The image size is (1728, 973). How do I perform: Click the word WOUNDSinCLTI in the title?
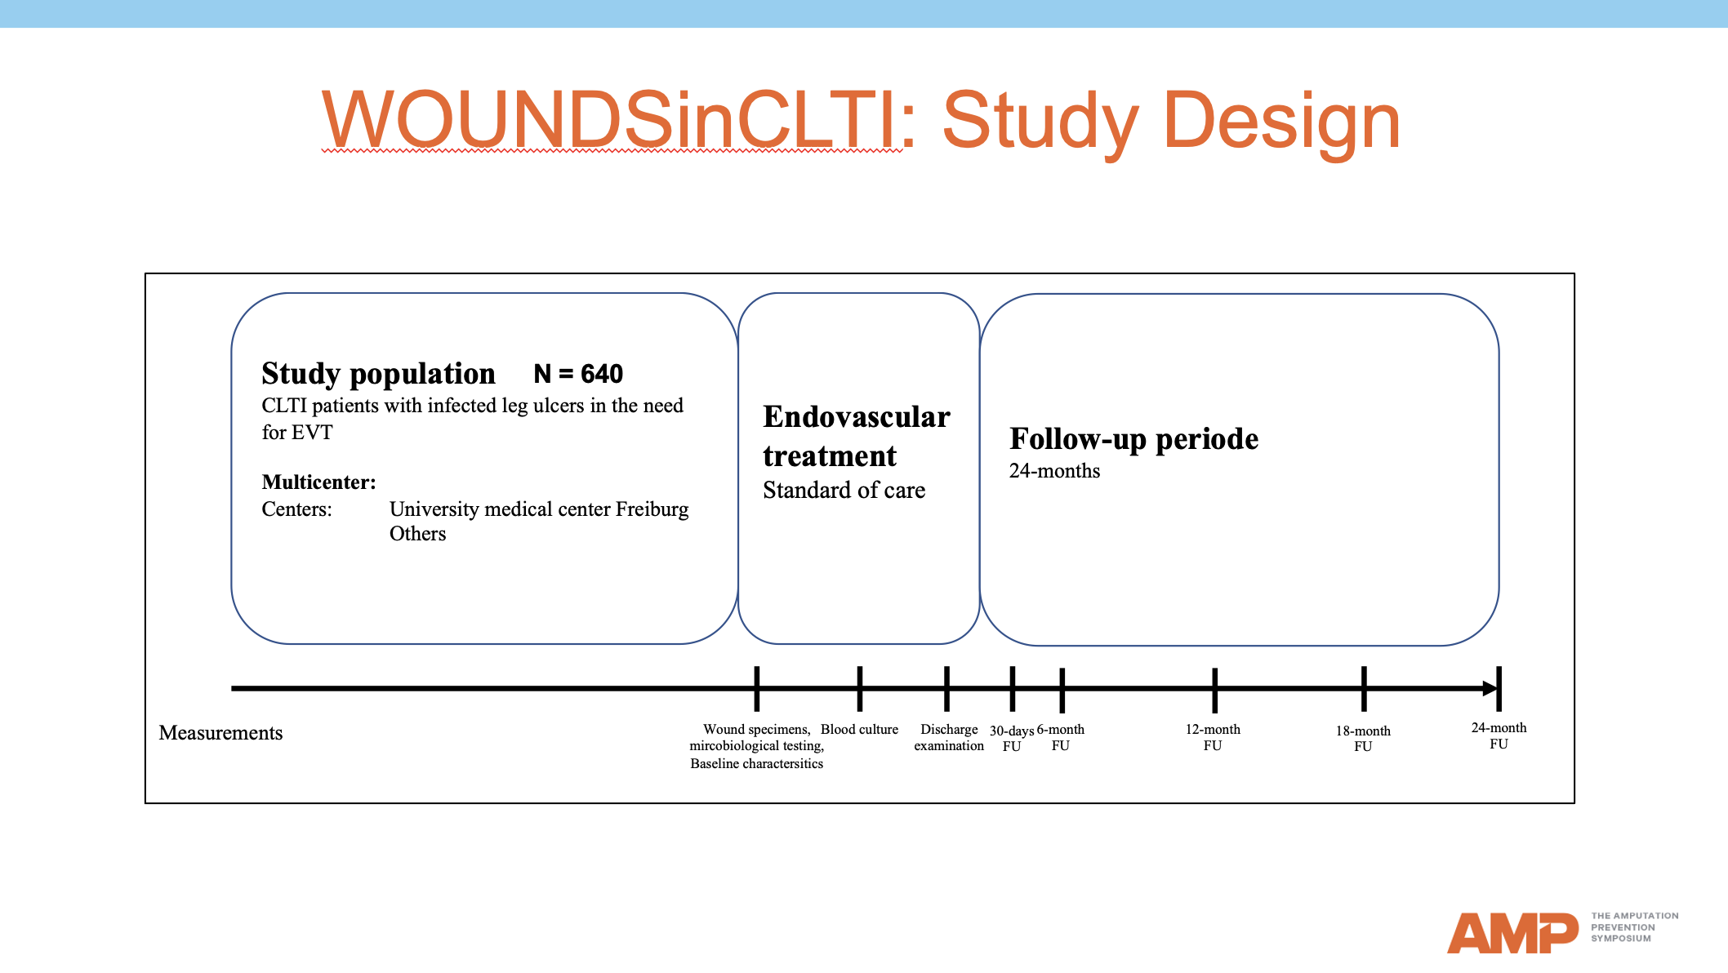pyautogui.click(x=612, y=121)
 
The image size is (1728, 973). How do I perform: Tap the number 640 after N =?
pyautogui.click(x=602, y=374)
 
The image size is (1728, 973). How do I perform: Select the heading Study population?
pyautogui.click(x=378, y=374)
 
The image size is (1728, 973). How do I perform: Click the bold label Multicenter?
pyautogui.click(x=318, y=482)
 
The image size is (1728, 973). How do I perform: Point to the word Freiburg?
pyautogui.click(x=652, y=509)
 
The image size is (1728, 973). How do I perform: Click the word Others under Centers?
pyautogui.click(x=417, y=534)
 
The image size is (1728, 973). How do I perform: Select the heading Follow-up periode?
pyautogui.click(x=1133, y=439)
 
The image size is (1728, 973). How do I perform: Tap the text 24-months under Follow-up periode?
pyautogui.click(x=1054, y=471)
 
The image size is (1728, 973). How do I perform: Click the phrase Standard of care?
pyautogui.click(x=844, y=491)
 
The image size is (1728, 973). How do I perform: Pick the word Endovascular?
pyautogui.click(x=857, y=417)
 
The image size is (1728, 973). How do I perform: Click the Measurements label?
pyautogui.click(x=220, y=733)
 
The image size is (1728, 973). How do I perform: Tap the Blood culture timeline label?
pyautogui.click(x=859, y=730)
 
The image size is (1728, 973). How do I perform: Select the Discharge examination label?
pyautogui.click(x=949, y=737)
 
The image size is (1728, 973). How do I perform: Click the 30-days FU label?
pyautogui.click(x=1012, y=738)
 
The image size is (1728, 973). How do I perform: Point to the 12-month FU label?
pyautogui.click(x=1213, y=737)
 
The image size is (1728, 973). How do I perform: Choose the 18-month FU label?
pyautogui.click(x=1363, y=738)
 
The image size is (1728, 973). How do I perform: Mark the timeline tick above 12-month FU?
pyautogui.click(x=1214, y=689)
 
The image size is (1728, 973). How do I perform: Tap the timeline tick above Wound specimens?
pyautogui.click(x=757, y=688)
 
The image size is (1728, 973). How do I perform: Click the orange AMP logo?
pyautogui.click(x=1512, y=932)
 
